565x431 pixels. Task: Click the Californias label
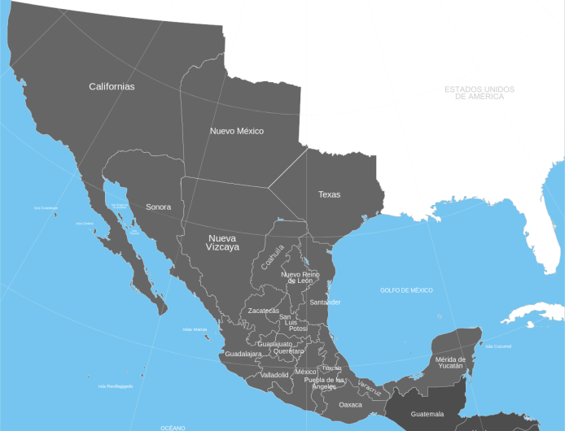pyautogui.click(x=112, y=86)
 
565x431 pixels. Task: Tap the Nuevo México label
pyautogui.click(x=236, y=131)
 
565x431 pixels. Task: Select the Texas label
pyautogui.click(x=329, y=194)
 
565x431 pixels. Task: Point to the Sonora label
pyautogui.click(x=158, y=207)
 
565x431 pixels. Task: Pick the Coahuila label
pyautogui.click(x=273, y=257)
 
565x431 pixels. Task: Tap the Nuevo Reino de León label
pyautogui.click(x=301, y=277)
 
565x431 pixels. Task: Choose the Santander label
pyautogui.click(x=325, y=302)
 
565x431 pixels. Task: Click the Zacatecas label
pyautogui.click(x=263, y=311)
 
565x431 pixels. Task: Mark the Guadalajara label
pyautogui.click(x=243, y=354)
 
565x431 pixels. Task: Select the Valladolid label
pyautogui.click(x=274, y=375)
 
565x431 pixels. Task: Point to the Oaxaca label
pyautogui.click(x=350, y=404)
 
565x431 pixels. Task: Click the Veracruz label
pyautogui.click(x=370, y=389)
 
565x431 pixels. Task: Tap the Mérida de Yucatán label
pyautogui.click(x=449, y=362)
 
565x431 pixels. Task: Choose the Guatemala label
pyautogui.click(x=427, y=414)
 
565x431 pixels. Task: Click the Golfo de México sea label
pyautogui.click(x=406, y=290)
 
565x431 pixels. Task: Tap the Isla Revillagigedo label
pyautogui.click(x=115, y=386)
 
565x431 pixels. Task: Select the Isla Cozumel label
pyautogui.click(x=497, y=346)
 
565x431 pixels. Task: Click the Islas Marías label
pyautogui.click(x=195, y=329)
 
